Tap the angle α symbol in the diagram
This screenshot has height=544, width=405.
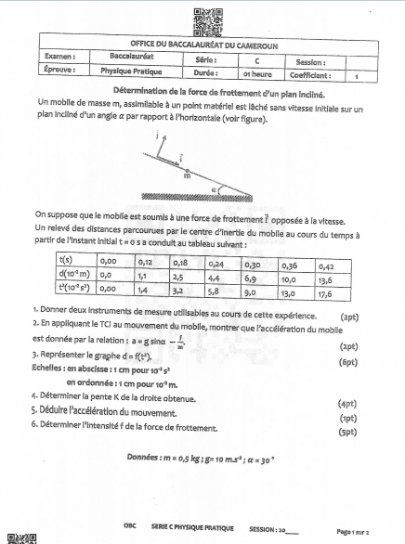pos(216,186)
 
